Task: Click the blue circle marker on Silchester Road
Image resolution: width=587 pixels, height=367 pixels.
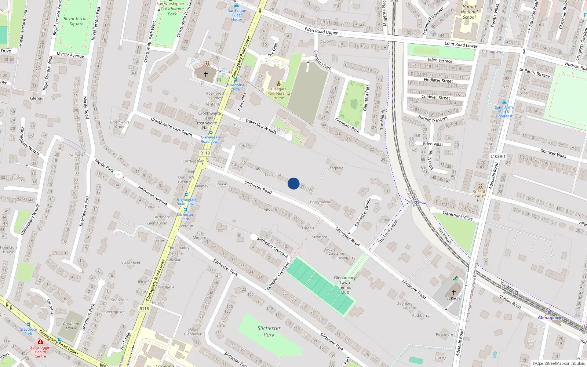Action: point(293,183)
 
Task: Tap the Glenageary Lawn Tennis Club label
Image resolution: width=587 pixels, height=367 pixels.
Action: point(345,285)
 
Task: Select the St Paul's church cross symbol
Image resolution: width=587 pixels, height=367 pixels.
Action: point(454,292)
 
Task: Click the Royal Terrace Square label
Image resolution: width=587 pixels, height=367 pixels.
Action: point(76,21)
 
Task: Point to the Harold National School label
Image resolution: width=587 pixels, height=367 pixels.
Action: point(469,12)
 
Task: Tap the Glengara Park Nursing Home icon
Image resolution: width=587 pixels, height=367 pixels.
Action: point(279,83)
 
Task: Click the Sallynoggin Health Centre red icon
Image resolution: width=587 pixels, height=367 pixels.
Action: point(40,342)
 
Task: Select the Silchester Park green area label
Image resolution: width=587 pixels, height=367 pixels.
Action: point(269,331)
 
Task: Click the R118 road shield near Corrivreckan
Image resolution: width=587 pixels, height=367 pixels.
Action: point(205,153)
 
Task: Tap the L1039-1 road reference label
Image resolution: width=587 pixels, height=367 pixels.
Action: point(498,156)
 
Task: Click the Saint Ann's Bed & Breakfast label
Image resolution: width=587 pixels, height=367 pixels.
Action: point(504,112)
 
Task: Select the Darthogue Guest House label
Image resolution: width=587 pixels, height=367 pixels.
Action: point(237,15)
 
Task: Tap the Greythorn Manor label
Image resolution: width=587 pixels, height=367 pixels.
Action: point(71,326)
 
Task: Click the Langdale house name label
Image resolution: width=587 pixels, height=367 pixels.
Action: point(335,168)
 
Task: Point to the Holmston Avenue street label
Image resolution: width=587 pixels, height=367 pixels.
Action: point(153,195)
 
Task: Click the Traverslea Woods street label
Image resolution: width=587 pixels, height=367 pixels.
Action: point(260,126)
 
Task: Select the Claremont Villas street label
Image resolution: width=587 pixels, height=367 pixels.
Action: point(457,215)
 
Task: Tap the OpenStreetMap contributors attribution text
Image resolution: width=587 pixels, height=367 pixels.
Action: point(559,364)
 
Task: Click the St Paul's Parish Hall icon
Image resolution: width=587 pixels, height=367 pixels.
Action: point(480,186)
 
